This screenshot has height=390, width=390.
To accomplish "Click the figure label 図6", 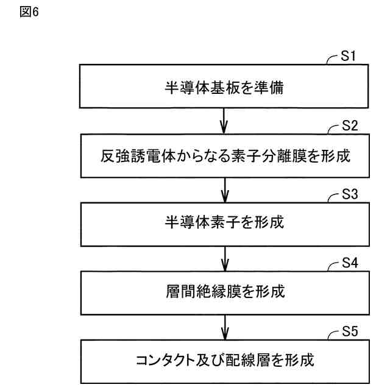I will pos(29,13).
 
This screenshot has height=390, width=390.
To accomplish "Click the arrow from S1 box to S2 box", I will pos(225,121).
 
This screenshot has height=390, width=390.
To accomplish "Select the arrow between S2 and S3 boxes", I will pos(225,190).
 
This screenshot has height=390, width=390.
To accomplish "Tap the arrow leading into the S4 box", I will pos(225,259).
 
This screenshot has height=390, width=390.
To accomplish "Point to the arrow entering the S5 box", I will pos(225,328).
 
